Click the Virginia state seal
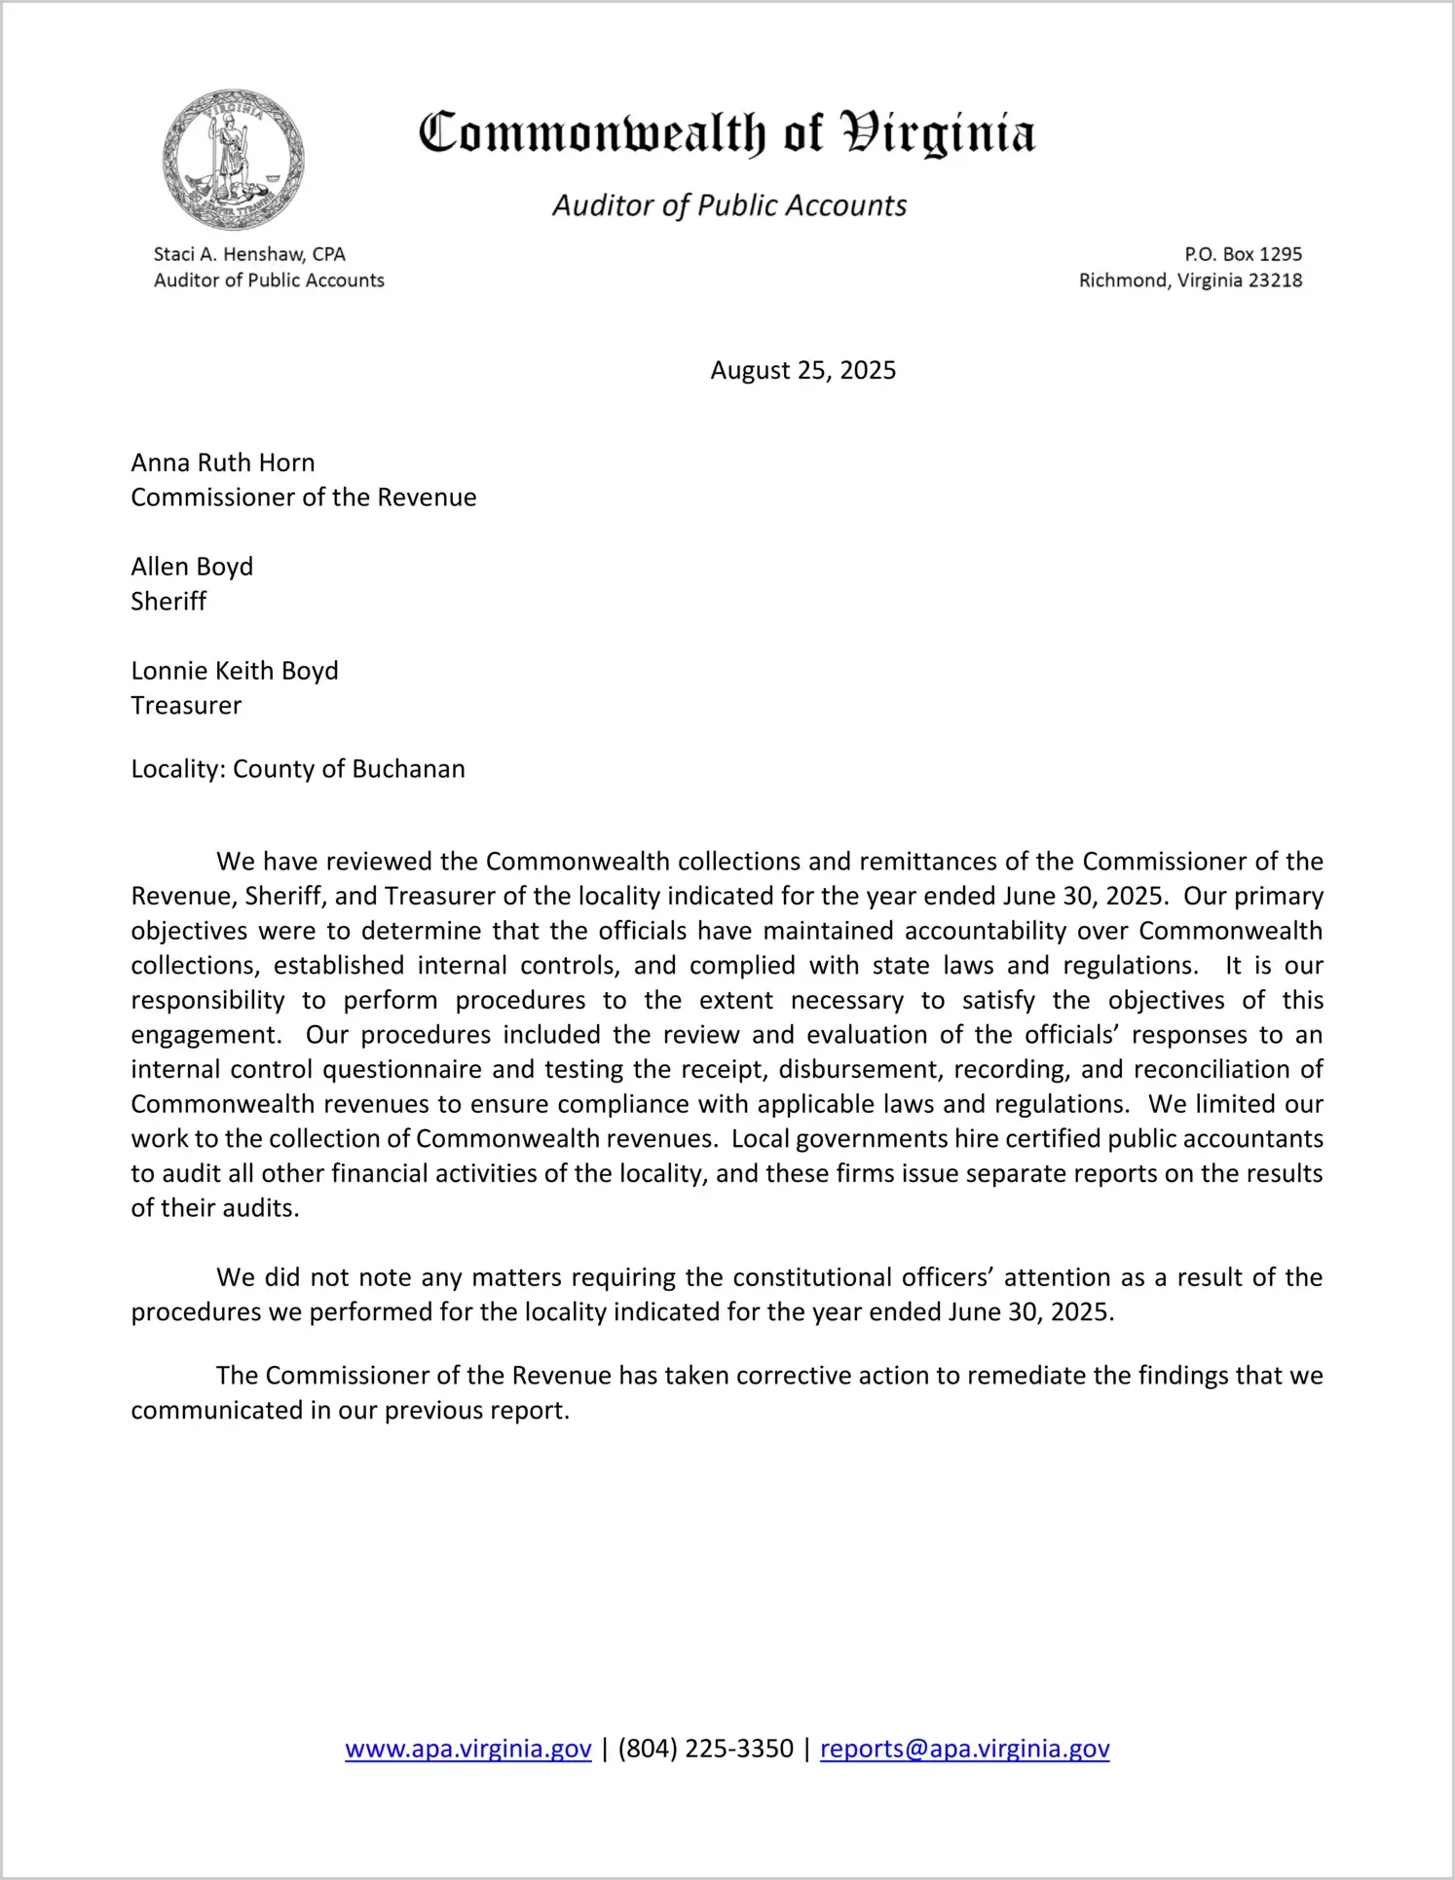234,160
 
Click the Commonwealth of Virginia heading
727,133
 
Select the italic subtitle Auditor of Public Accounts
729,205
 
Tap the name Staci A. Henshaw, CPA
249,254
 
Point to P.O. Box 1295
1243,254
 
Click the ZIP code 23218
1275,280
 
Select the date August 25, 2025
802,370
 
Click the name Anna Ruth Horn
223,462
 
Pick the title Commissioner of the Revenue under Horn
304,498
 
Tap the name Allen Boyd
192,567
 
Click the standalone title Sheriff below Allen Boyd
168,602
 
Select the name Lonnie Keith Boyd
235,671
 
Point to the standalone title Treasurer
186,706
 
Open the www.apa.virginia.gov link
468,1750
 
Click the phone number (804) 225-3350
705,1750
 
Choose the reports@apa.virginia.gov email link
964,1750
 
